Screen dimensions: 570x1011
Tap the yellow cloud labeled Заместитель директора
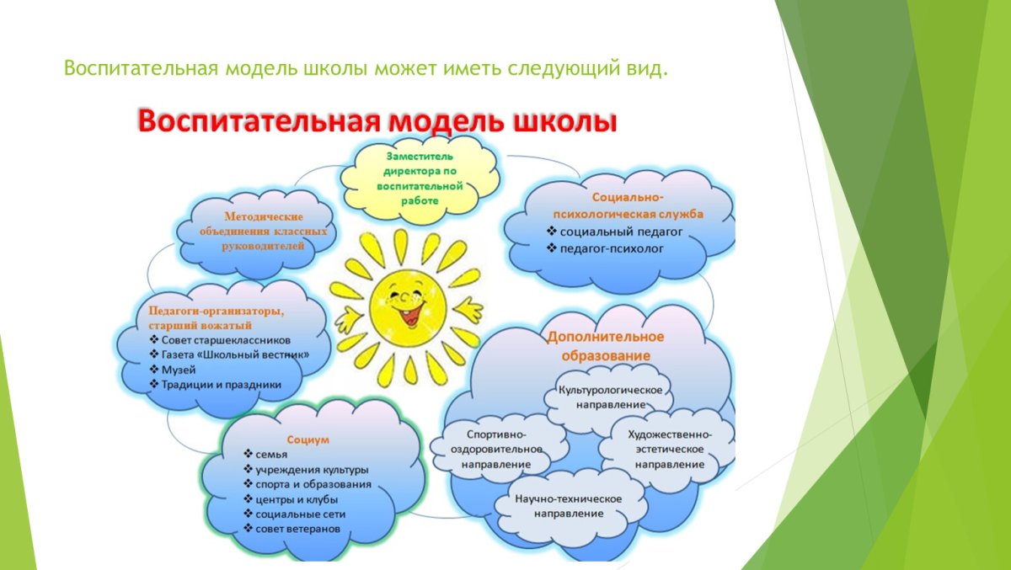[x=420, y=178]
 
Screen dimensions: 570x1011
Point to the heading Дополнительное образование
[x=605, y=345]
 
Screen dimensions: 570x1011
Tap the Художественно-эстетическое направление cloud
[x=669, y=449]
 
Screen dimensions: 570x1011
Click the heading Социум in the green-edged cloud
[x=308, y=439]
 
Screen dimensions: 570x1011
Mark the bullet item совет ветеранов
[x=298, y=528]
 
